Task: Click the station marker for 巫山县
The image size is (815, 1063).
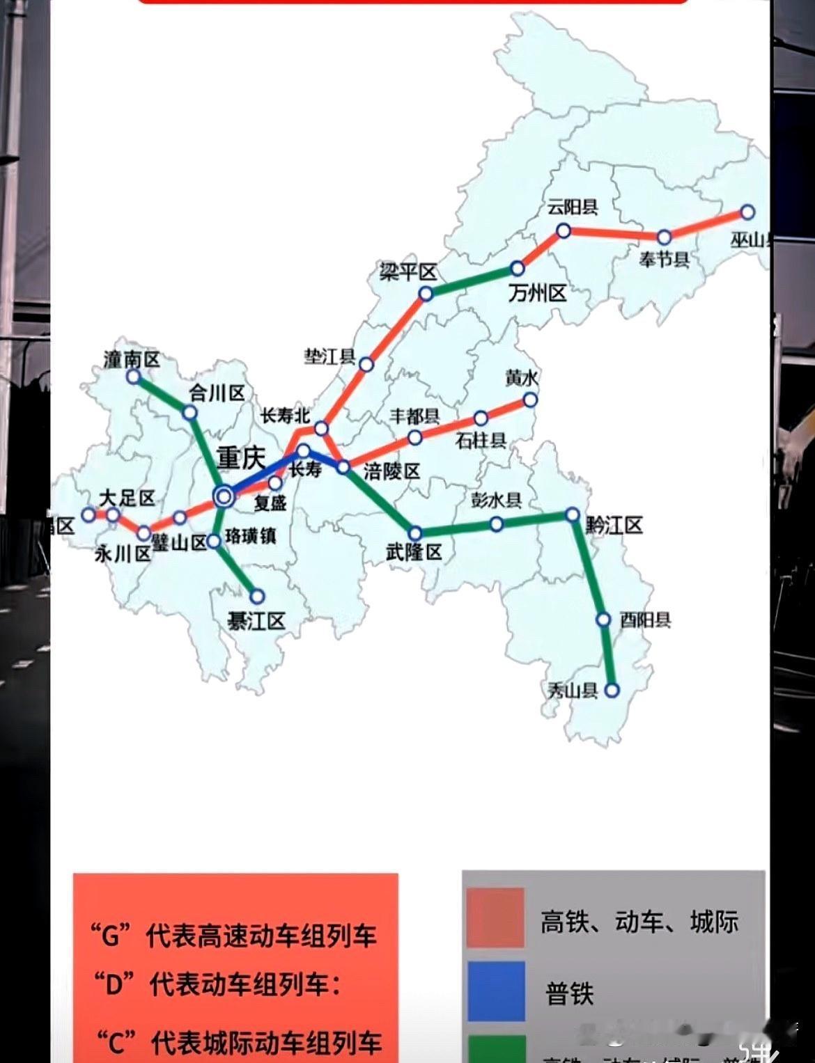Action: pyautogui.click(x=747, y=212)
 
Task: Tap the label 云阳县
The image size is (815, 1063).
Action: pyautogui.click(x=573, y=207)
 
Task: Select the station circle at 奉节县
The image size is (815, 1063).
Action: pyautogui.click(x=664, y=237)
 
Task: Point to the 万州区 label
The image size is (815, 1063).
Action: pyautogui.click(x=537, y=293)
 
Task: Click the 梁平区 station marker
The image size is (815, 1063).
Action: pyautogui.click(x=426, y=294)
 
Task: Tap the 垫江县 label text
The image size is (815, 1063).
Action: pyautogui.click(x=329, y=357)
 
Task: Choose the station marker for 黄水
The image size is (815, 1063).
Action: pyautogui.click(x=530, y=400)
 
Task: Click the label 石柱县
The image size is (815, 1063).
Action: pyautogui.click(x=481, y=441)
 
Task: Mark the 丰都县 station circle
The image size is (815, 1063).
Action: pyautogui.click(x=414, y=438)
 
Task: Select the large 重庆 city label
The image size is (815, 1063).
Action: pyautogui.click(x=241, y=457)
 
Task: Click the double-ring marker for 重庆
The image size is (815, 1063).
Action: pyautogui.click(x=224, y=496)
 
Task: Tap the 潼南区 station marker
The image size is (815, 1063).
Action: pyautogui.click(x=133, y=377)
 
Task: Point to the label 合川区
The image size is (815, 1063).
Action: pyautogui.click(x=217, y=393)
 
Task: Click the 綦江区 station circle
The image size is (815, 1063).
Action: pyautogui.click(x=257, y=596)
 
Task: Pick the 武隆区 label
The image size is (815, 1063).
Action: pyautogui.click(x=414, y=553)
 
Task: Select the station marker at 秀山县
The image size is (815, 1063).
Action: pyautogui.click(x=612, y=691)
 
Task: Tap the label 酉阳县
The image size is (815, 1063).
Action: pyautogui.click(x=645, y=620)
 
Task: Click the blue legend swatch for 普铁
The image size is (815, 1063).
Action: pyautogui.click(x=496, y=991)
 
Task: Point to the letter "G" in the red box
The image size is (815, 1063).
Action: pyautogui.click(x=111, y=935)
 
